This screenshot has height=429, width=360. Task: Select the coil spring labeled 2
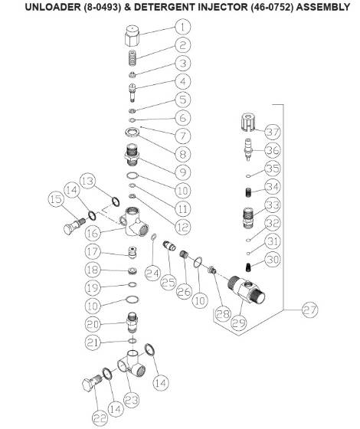[133, 57]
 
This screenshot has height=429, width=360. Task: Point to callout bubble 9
[183, 172]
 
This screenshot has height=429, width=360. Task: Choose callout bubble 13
[89, 182]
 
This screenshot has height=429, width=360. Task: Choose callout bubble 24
[153, 271]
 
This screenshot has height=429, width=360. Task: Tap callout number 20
[93, 324]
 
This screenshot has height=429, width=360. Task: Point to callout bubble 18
[93, 270]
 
